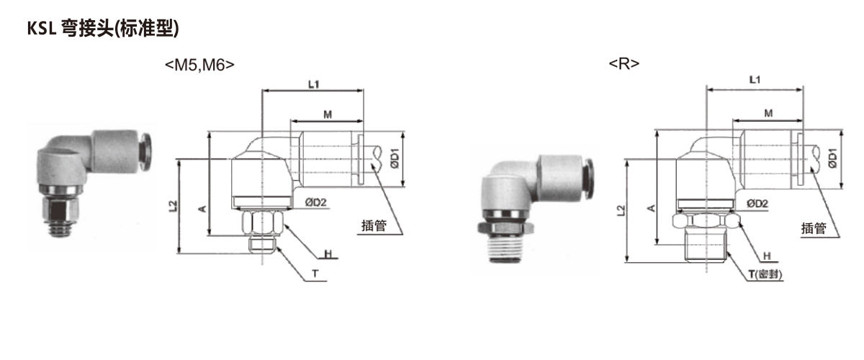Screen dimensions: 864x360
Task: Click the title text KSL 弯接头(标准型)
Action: pyautogui.click(x=103, y=28)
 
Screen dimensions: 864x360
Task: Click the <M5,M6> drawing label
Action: pyautogui.click(x=199, y=65)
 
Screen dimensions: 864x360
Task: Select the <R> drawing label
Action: pyautogui.click(x=624, y=63)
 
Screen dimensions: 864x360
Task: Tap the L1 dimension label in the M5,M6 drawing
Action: pyautogui.click(x=314, y=84)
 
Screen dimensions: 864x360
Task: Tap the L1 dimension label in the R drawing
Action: pyautogui.click(x=755, y=80)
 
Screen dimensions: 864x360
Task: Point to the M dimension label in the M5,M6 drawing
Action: pyautogui.click(x=328, y=114)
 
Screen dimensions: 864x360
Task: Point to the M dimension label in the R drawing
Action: pyautogui.click(x=768, y=114)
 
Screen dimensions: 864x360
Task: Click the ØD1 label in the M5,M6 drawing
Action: pyautogui.click(x=395, y=158)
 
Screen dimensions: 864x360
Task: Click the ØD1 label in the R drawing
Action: pyautogui.click(x=833, y=158)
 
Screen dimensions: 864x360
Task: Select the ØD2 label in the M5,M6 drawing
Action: pyautogui.click(x=315, y=202)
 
